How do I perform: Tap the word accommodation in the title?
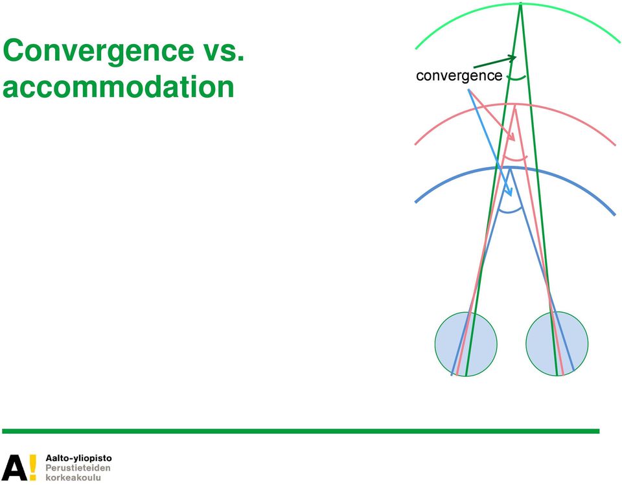pyautogui.click(x=118, y=87)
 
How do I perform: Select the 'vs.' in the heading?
pyautogui.click(x=222, y=51)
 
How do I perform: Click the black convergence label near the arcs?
pyautogui.click(x=459, y=75)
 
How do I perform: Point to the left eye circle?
pyautogui.click(x=466, y=344)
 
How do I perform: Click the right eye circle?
pyautogui.click(x=557, y=343)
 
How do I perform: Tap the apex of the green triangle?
pyautogui.click(x=520, y=4)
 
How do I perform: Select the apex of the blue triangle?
pyautogui.click(x=510, y=168)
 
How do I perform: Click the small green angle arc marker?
pyautogui.click(x=517, y=78)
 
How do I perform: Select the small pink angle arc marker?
pyautogui.click(x=515, y=159)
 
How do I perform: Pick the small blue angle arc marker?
pyautogui.click(x=510, y=211)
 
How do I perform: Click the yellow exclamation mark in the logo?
pyautogui.click(x=32, y=467)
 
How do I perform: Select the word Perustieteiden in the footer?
pyautogui.click(x=78, y=468)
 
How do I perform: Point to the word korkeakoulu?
pyautogui.click(x=73, y=477)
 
